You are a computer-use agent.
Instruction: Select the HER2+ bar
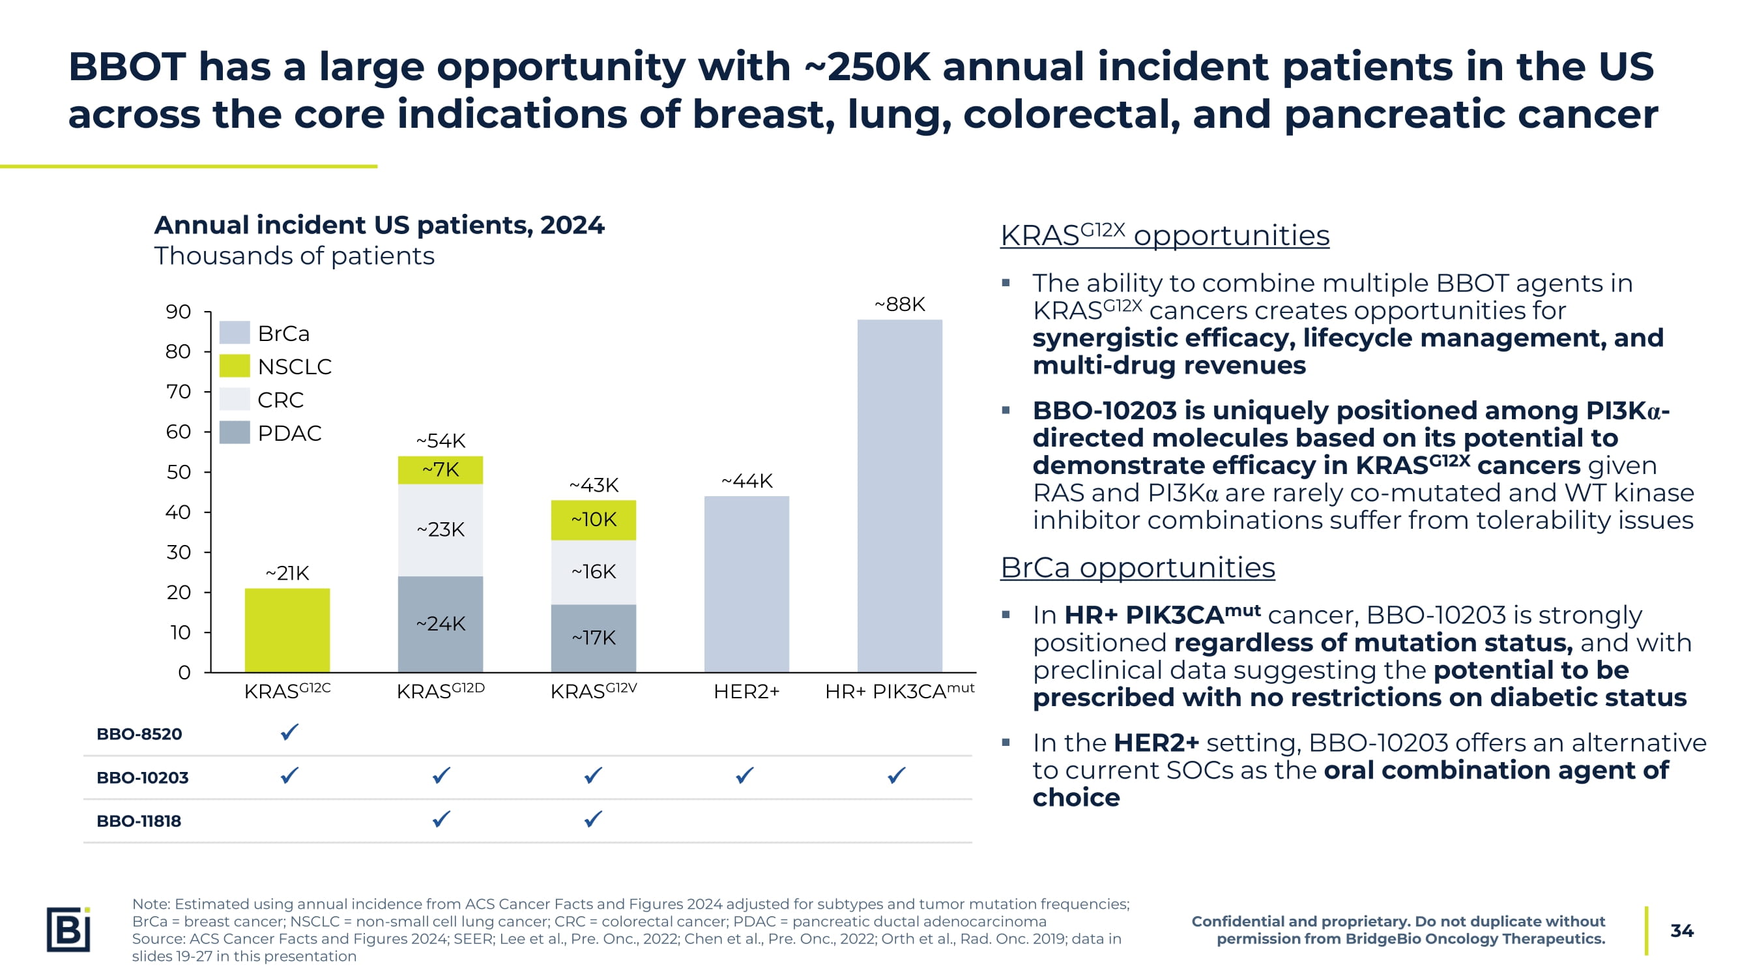pyautogui.click(x=746, y=584)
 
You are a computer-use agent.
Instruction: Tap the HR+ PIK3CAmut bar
pyautogui.click(x=899, y=496)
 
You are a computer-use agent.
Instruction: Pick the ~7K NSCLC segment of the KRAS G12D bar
pyautogui.click(x=440, y=469)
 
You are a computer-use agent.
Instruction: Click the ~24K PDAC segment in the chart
pyautogui.click(x=440, y=624)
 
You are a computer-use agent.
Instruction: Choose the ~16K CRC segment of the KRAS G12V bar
pyautogui.click(x=593, y=572)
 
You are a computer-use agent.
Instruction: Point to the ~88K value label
pyautogui.click(x=899, y=304)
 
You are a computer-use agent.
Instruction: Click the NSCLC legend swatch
pyautogui.click(x=235, y=366)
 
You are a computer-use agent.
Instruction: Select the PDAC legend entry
pyautogui.click(x=289, y=433)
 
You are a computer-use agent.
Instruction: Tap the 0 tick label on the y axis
pyautogui.click(x=184, y=672)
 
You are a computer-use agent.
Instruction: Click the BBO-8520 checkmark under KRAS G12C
pyautogui.click(x=289, y=732)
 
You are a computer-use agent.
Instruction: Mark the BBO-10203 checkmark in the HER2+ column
pyautogui.click(x=745, y=775)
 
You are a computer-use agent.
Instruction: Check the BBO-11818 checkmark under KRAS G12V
pyautogui.click(x=593, y=820)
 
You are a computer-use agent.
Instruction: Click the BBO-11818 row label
pyautogui.click(x=139, y=821)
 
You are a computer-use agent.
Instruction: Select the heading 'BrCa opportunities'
pyautogui.click(x=1138, y=567)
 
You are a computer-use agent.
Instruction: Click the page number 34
pyautogui.click(x=1681, y=931)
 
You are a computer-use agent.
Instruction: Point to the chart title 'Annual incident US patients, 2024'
pyautogui.click(x=379, y=225)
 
